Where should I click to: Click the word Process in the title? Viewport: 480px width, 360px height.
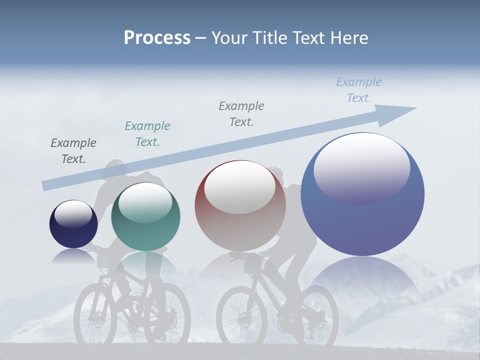[x=157, y=38]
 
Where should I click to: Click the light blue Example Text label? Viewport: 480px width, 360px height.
[x=359, y=90]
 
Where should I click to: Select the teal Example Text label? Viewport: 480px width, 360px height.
[x=147, y=133]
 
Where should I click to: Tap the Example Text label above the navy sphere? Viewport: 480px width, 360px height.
[x=73, y=150]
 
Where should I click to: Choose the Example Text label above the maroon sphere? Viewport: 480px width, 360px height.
[x=241, y=113]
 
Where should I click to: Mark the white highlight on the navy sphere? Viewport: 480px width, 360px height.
[x=73, y=214]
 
